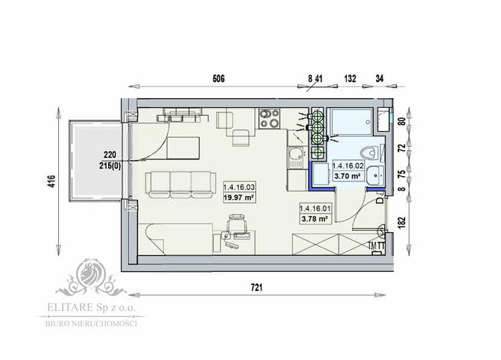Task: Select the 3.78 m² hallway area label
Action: pyautogui.click(x=315, y=218)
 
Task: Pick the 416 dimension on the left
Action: pyautogui.click(x=51, y=182)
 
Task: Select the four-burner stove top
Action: pyautogui.click(x=269, y=118)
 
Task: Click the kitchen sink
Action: pyautogui.click(x=295, y=159)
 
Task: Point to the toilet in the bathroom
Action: pyautogui.click(x=370, y=150)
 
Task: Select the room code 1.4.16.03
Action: pyautogui.click(x=239, y=187)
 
